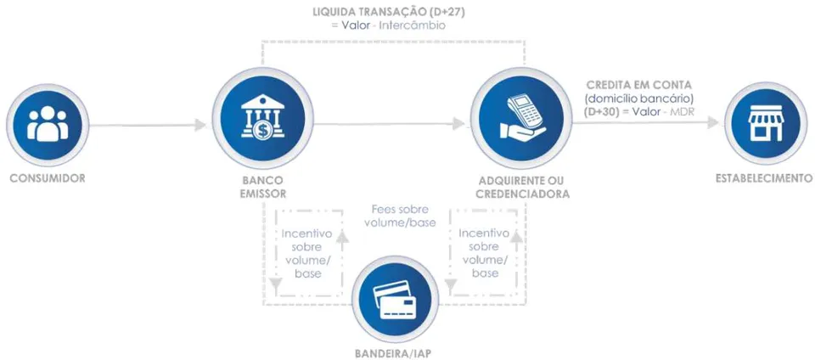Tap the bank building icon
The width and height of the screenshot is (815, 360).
pyautogui.click(x=263, y=118)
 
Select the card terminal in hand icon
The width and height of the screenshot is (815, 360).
pyautogui.click(x=521, y=117)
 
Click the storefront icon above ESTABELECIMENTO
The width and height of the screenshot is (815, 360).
pyautogui.click(x=765, y=124)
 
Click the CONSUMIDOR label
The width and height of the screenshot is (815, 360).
pyautogui.click(x=48, y=178)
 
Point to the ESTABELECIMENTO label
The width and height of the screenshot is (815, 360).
pyautogui.click(x=764, y=178)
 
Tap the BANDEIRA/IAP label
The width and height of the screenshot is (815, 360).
pyautogui.click(x=393, y=353)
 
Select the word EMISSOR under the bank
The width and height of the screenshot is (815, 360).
pyautogui.click(x=263, y=194)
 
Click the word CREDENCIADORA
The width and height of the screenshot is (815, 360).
pyautogui.click(x=524, y=194)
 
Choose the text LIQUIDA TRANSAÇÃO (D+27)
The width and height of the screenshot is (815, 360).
pyautogui.click(x=388, y=11)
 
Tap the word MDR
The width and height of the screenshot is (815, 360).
pyautogui.click(x=685, y=112)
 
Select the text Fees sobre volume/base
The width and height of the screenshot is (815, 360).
pyautogui.click(x=400, y=217)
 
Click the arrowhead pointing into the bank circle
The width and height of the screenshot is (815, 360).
pyautogui.click(x=200, y=125)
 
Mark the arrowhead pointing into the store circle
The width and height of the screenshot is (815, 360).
pyautogui.click(x=713, y=122)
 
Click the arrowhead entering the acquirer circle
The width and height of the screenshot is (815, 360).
pyautogui.click(x=458, y=124)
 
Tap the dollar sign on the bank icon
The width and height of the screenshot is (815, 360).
pyautogui.click(x=263, y=131)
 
